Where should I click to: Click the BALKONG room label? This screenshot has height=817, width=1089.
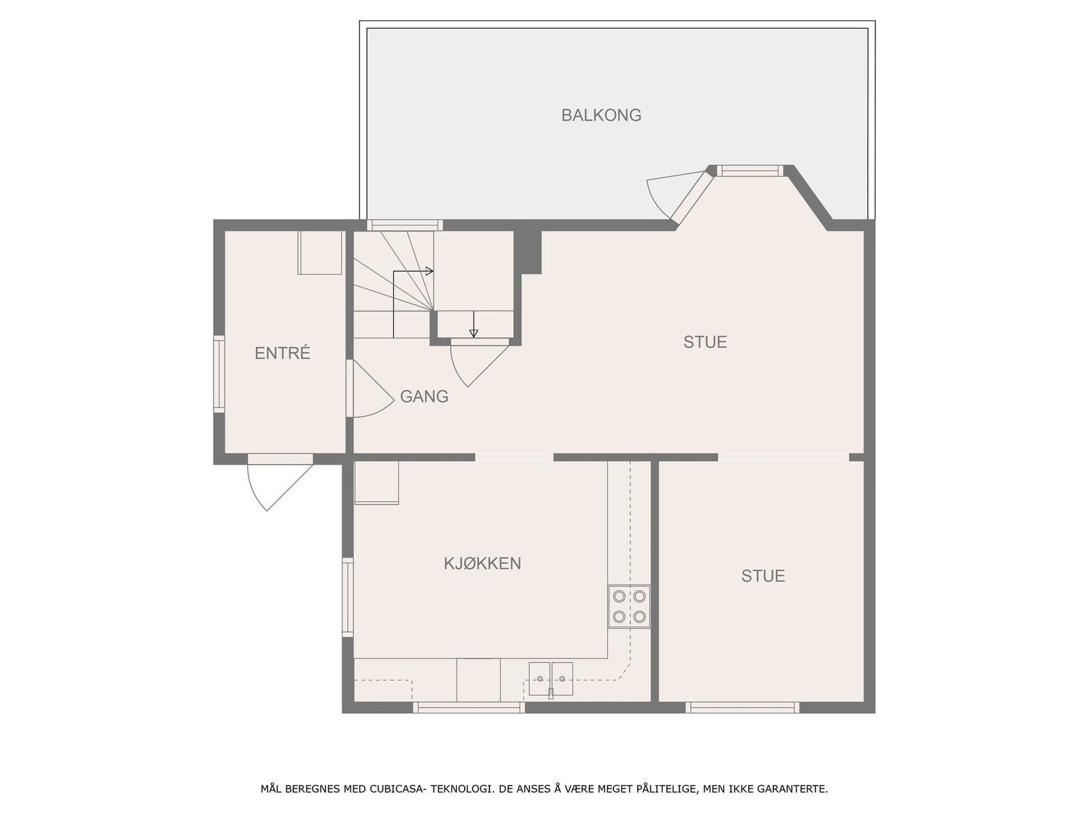[601, 115]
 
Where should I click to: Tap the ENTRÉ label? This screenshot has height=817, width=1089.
[282, 353]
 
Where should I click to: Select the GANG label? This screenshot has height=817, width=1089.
[424, 396]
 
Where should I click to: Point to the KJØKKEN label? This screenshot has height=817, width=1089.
[483, 564]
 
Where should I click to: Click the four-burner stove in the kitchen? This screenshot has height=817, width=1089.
[629, 607]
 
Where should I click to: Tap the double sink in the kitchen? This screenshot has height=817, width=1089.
[551, 679]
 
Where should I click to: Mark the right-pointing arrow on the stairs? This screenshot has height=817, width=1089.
[428, 271]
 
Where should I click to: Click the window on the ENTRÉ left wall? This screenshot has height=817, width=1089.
[219, 374]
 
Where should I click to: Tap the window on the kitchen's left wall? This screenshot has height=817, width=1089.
[348, 597]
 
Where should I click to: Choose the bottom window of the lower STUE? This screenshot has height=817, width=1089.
[743, 708]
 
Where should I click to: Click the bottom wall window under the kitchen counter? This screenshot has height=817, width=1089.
[469, 708]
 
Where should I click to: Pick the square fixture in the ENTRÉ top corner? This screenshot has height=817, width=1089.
[320, 253]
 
